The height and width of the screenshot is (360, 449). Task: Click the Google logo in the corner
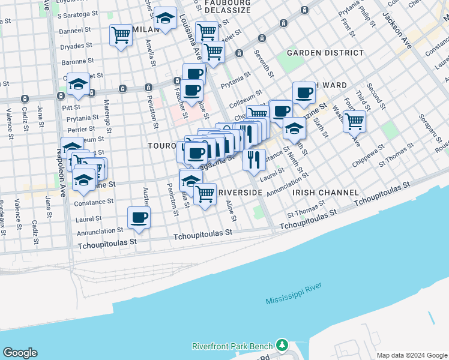[20, 353]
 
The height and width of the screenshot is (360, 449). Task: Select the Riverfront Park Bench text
[232, 346]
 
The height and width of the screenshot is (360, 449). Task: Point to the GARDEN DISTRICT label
[325, 53]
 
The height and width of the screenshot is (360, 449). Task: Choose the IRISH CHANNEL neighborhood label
[325, 193]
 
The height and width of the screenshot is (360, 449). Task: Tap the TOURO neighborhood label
[161, 146]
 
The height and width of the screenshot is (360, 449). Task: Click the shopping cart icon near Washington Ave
[355, 121]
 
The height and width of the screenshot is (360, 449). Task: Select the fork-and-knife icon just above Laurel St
[254, 158]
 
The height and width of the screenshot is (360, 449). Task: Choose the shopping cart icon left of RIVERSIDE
[205, 193]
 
